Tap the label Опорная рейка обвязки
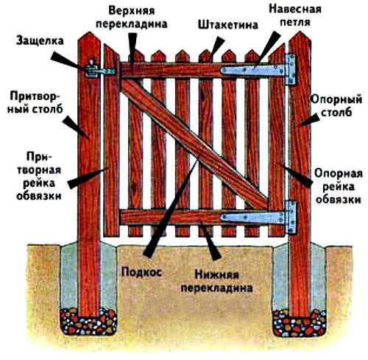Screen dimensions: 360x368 338,186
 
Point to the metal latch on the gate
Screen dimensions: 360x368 96,71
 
